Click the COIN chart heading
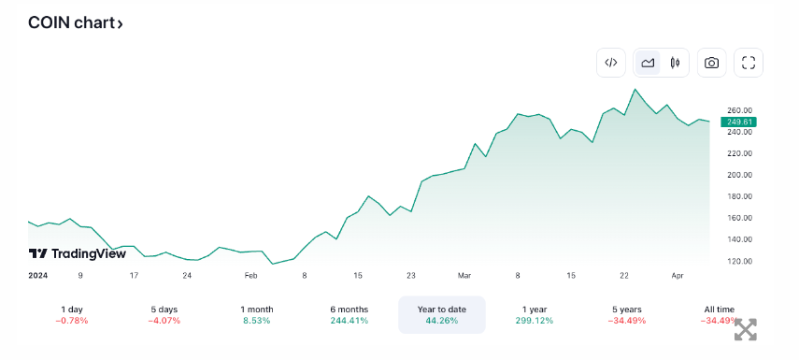[x=75, y=23]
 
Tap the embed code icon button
[x=610, y=63]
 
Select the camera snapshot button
[x=712, y=63]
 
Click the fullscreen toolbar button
[x=749, y=63]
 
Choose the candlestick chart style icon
[x=673, y=63]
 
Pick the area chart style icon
[x=647, y=63]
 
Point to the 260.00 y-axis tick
[x=739, y=110]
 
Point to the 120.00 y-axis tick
[x=739, y=261]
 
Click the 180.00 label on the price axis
[x=739, y=196]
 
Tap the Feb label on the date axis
[x=250, y=276]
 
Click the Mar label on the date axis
[x=464, y=276]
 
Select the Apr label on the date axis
[x=678, y=276]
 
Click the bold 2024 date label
[x=38, y=276]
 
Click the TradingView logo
[x=77, y=253]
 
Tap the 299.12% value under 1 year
[x=535, y=321]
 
